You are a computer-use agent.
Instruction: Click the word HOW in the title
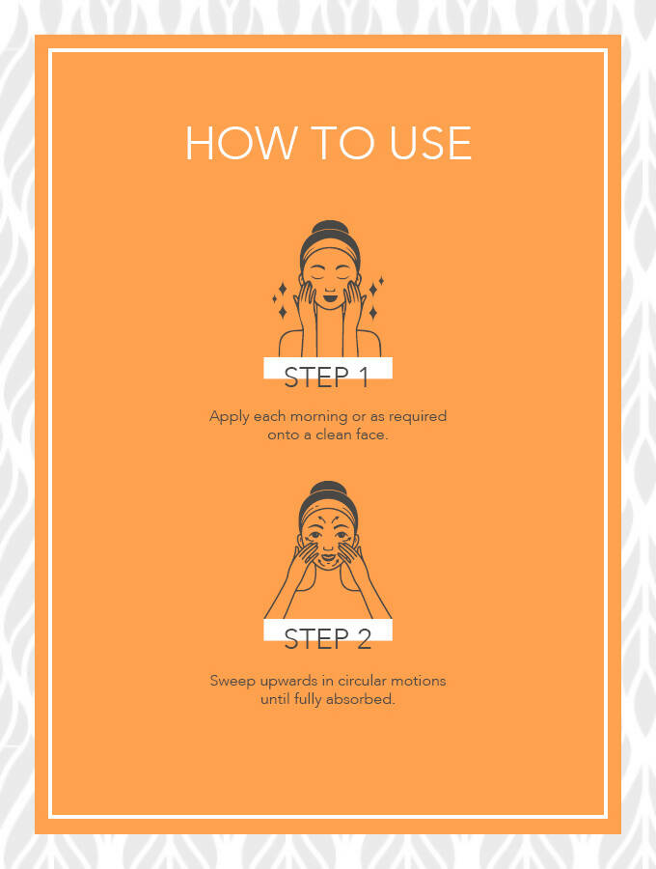tap(240, 143)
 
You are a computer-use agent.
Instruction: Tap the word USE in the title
tap(430, 143)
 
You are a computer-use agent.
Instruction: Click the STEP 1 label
tap(326, 377)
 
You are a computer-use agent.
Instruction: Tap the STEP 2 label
tap(327, 638)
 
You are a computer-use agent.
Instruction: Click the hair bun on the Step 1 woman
tap(330, 228)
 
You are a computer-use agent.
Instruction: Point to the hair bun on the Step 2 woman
tap(328, 488)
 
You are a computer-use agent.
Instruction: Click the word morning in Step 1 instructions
tap(319, 417)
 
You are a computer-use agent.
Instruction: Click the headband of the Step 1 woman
tap(330, 252)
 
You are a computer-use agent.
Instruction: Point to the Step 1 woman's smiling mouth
tap(330, 298)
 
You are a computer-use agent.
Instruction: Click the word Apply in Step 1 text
tap(230, 417)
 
